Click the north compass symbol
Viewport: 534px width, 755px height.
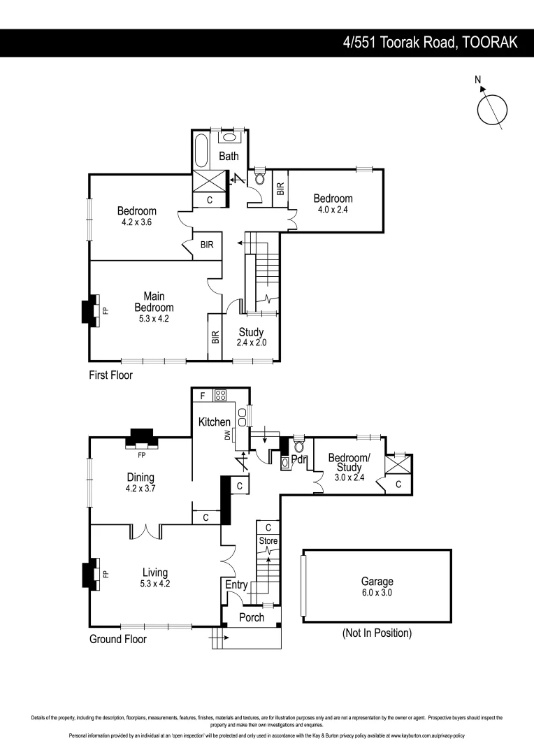coord(492,108)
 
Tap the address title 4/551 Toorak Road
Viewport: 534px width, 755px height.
coord(430,43)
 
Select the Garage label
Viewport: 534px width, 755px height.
coord(377,581)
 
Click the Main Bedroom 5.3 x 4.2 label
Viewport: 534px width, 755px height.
coord(154,307)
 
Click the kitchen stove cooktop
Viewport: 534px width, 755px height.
coord(219,395)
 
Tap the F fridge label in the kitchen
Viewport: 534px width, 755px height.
coord(202,396)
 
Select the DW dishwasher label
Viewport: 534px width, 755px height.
coord(227,435)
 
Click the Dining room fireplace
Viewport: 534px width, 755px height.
coord(141,438)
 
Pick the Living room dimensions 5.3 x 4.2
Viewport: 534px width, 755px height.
coord(154,583)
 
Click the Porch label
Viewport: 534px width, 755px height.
coord(252,617)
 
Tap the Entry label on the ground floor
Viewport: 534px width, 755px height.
coord(236,584)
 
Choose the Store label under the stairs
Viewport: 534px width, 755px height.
coord(268,540)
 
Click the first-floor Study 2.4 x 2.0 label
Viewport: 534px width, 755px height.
coord(251,337)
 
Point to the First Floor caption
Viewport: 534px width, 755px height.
coord(110,375)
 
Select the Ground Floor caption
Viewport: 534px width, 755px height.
coord(117,639)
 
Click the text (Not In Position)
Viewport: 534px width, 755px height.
coord(377,633)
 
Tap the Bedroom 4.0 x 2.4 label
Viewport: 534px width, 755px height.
coord(333,203)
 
